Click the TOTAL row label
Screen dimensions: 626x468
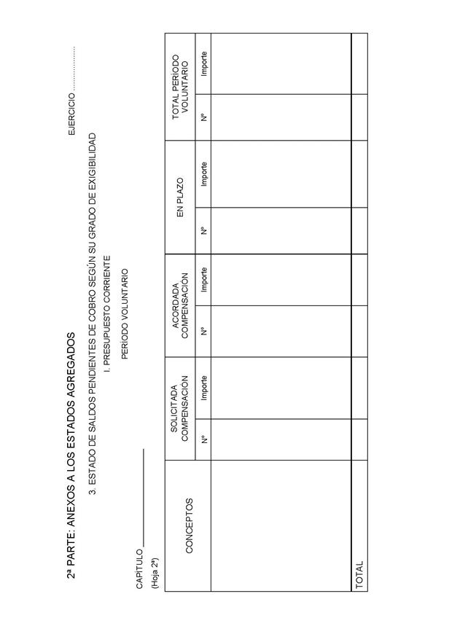(x=359, y=575)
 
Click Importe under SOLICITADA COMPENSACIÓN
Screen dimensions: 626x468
(x=204, y=388)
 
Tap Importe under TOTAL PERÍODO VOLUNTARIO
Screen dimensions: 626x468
(x=204, y=64)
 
